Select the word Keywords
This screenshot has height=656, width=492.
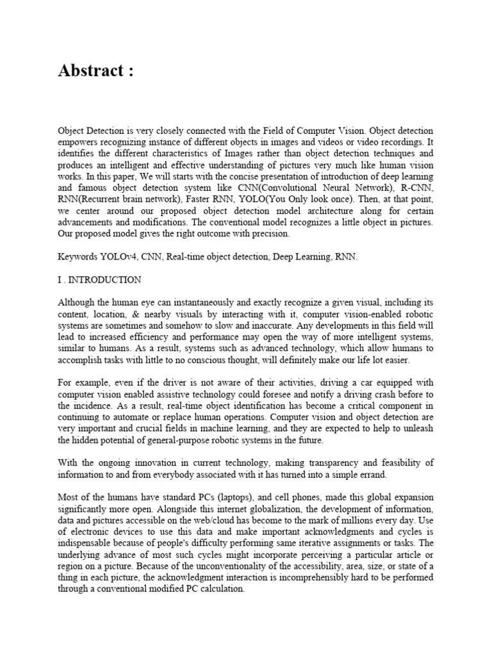(78, 257)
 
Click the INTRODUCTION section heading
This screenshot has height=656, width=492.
(106, 280)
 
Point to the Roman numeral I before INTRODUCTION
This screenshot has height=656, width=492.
(60, 280)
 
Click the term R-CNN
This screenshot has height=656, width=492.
(420, 188)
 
